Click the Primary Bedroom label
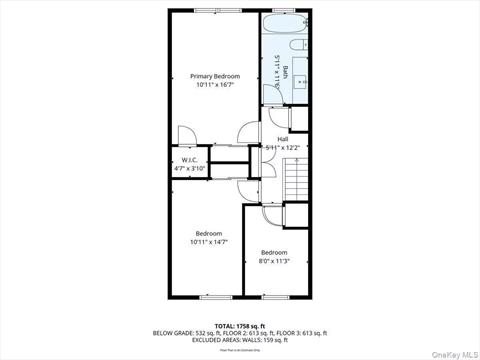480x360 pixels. (215, 77)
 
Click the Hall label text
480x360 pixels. (283, 139)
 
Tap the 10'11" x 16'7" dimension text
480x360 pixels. (215, 85)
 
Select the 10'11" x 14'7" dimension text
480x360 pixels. (209, 241)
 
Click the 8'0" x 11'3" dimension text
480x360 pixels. (274, 261)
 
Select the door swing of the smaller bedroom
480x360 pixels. (272, 214)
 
